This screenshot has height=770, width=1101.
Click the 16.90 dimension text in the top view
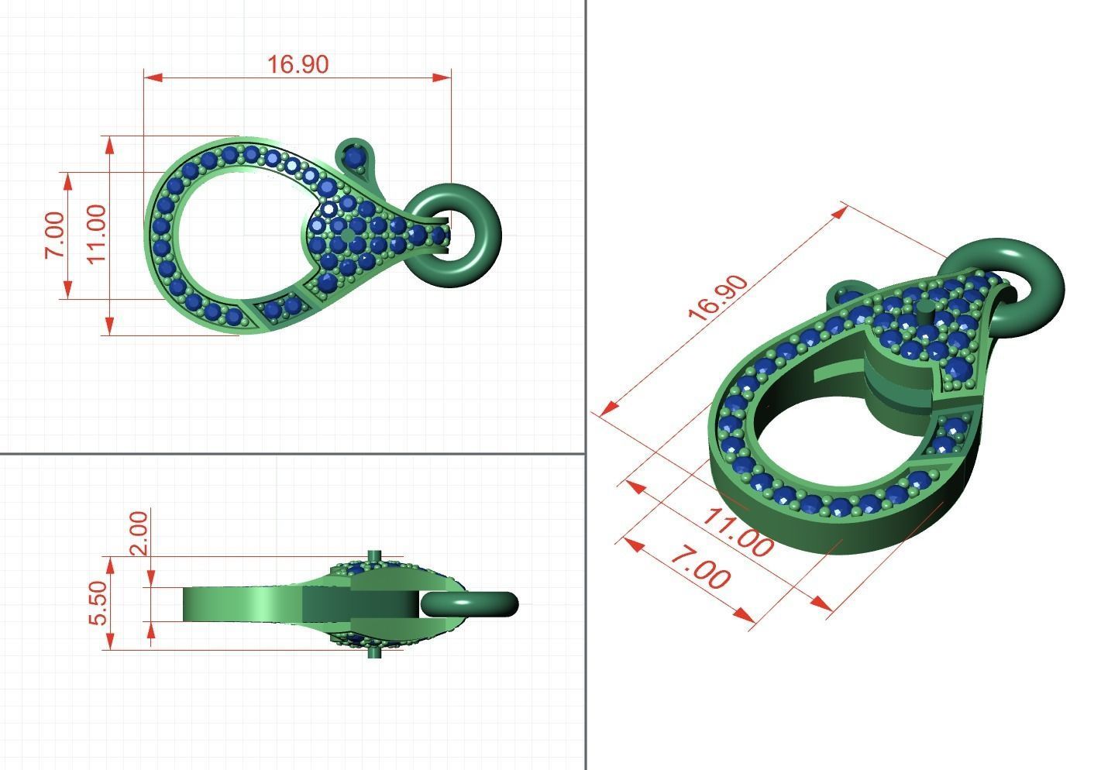[x=298, y=64]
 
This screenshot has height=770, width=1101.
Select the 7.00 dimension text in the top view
[x=54, y=235]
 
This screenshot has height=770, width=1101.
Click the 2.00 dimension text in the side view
[x=139, y=532]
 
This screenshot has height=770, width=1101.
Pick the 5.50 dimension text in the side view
[x=98, y=603]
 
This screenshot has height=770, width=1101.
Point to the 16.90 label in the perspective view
[x=718, y=297]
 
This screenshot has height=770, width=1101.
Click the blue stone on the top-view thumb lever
[x=356, y=157]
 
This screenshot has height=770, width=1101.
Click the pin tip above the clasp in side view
[x=376, y=553]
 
